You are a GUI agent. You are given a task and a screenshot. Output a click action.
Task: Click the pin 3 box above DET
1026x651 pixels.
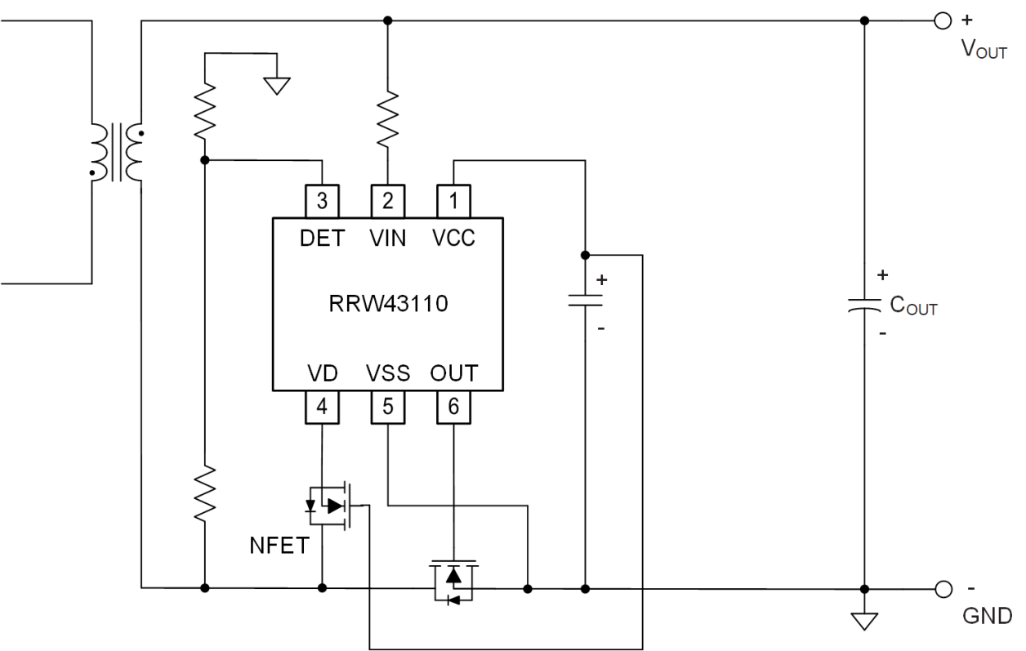click(322, 201)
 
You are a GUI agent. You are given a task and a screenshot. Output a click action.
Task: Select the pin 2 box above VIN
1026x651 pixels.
click(387, 201)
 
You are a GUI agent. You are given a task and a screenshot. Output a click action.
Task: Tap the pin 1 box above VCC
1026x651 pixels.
click(453, 201)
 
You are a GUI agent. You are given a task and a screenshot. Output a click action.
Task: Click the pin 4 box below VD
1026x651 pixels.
click(322, 407)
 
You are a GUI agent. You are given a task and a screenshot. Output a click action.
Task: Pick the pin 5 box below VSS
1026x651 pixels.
click(387, 407)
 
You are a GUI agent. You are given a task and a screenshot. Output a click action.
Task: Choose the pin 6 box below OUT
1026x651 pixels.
click(453, 407)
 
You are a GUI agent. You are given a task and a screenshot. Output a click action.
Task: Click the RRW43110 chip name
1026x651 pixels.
click(387, 305)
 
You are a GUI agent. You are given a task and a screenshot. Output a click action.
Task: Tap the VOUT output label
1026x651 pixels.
click(984, 48)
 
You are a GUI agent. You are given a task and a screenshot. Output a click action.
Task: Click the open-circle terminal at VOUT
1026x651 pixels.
click(943, 20)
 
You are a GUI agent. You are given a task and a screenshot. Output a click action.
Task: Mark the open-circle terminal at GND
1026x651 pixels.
click(943, 588)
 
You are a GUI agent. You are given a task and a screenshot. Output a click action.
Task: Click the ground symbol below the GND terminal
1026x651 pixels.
click(865, 620)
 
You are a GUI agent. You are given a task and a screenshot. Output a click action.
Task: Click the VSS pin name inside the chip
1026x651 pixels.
click(387, 374)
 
